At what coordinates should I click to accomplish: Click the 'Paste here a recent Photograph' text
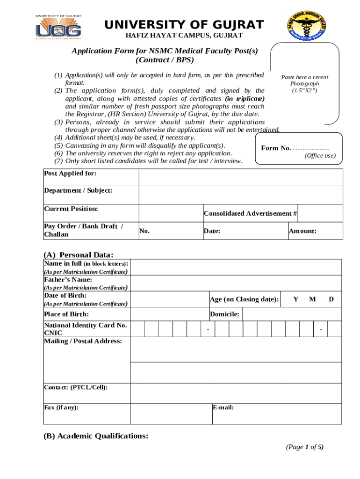pyautogui.click(x=304, y=83)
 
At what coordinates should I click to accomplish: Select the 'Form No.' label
pyautogui.click(x=276, y=148)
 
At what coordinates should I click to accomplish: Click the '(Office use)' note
pyautogui.click(x=320, y=156)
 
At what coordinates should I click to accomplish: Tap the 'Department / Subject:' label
pyautogui.click(x=78, y=190)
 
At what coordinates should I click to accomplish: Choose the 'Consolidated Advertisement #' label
pyautogui.click(x=250, y=213)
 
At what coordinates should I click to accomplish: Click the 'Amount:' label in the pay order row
pyautogui.click(x=302, y=231)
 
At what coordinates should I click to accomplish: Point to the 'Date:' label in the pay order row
pyautogui.click(x=212, y=231)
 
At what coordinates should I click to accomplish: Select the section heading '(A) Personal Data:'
pyautogui.click(x=79, y=254)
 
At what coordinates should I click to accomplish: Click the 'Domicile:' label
pyautogui.click(x=225, y=314)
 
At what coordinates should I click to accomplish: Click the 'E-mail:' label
pyautogui.click(x=223, y=407)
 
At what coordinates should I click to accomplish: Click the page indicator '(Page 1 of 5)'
pyautogui.click(x=305, y=447)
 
